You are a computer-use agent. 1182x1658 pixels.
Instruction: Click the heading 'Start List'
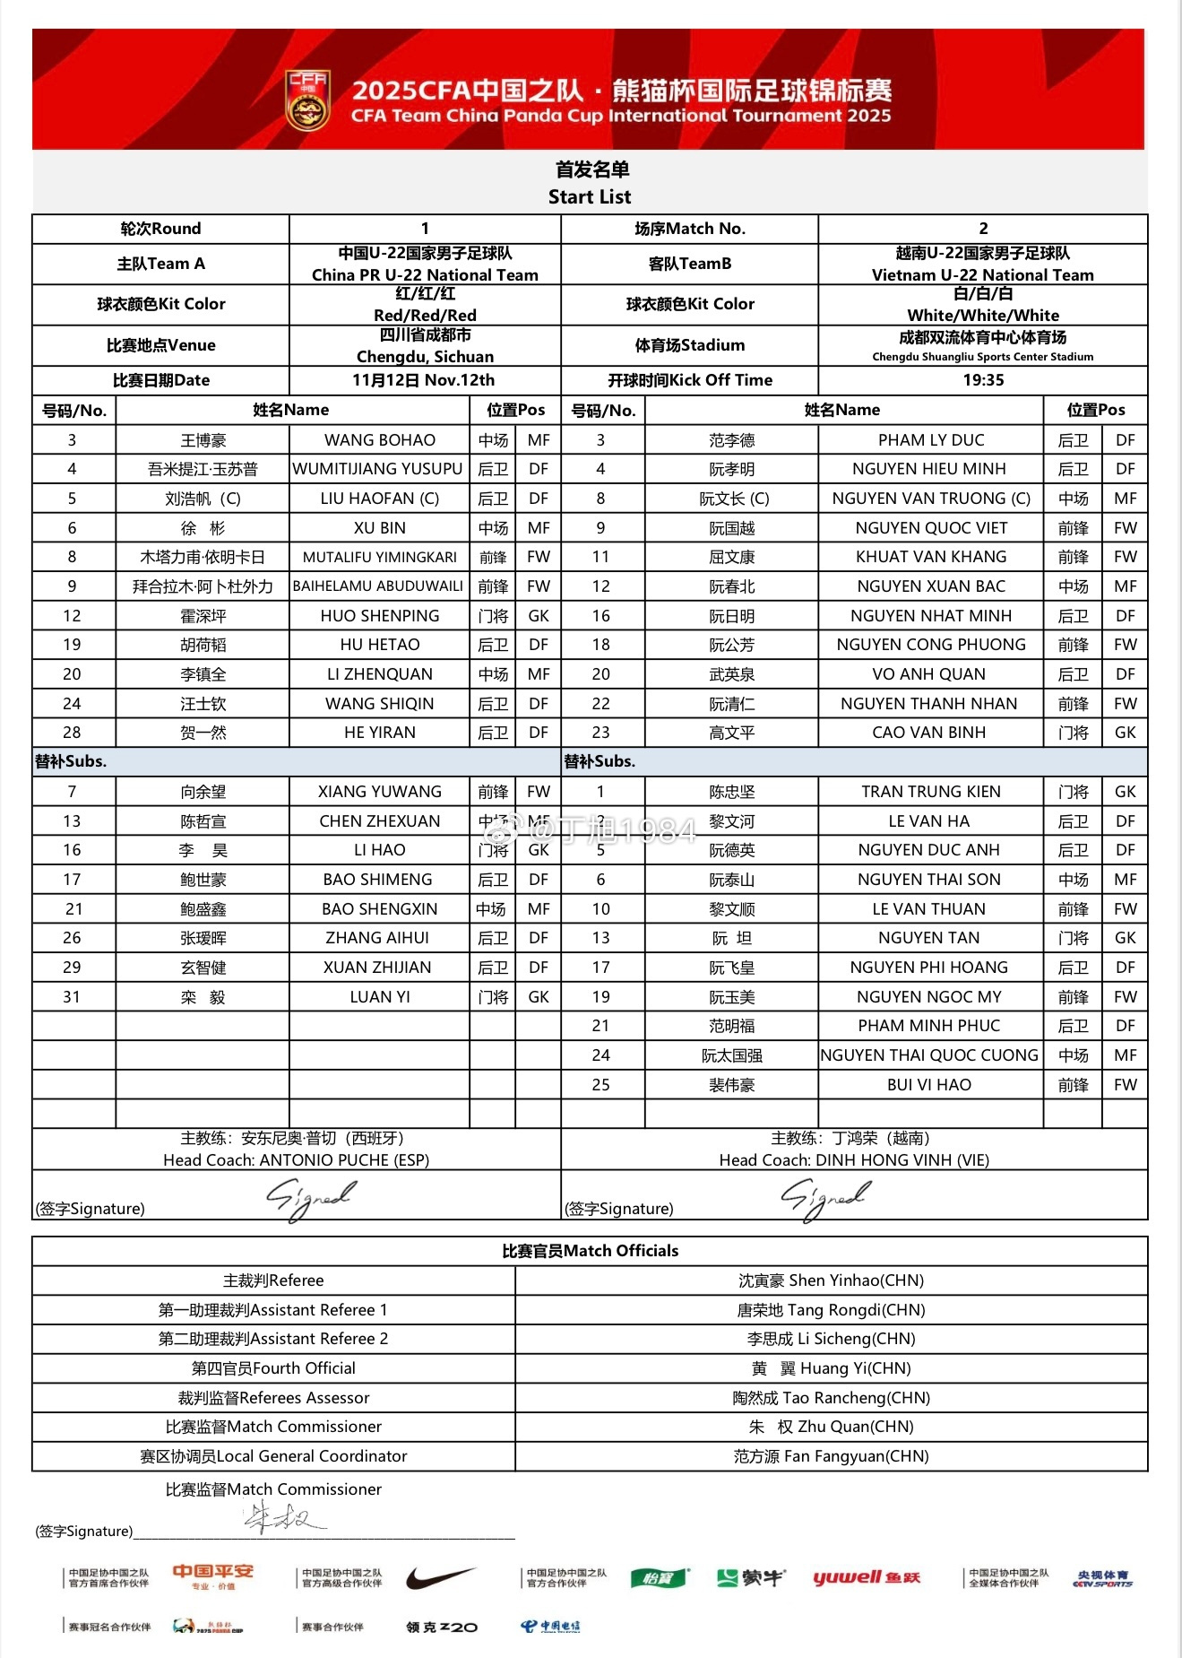coord(590,197)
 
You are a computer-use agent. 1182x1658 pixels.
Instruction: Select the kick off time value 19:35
coord(983,380)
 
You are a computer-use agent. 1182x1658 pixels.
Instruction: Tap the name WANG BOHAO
coord(380,440)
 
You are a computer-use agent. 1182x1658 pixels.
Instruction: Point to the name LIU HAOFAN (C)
coord(380,499)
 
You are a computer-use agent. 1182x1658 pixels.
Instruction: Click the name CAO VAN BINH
coord(929,733)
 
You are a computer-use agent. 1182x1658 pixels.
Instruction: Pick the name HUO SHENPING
coord(380,616)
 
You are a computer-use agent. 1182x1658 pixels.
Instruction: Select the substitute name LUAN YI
coord(380,997)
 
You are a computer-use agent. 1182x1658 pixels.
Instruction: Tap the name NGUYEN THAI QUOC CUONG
coord(929,1055)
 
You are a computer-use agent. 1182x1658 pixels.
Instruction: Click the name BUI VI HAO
coord(929,1085)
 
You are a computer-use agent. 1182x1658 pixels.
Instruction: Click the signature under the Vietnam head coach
coord(825,1199)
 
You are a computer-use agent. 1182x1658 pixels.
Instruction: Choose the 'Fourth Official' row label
coord(273,1368)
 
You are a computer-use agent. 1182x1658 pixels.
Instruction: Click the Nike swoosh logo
coord(441,1578)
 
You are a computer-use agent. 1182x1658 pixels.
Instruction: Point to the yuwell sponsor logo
coord(867,1578)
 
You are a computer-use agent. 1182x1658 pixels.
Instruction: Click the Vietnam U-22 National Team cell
coord(983,265)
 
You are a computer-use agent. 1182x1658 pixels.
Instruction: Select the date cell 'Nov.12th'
coord(424,380)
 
